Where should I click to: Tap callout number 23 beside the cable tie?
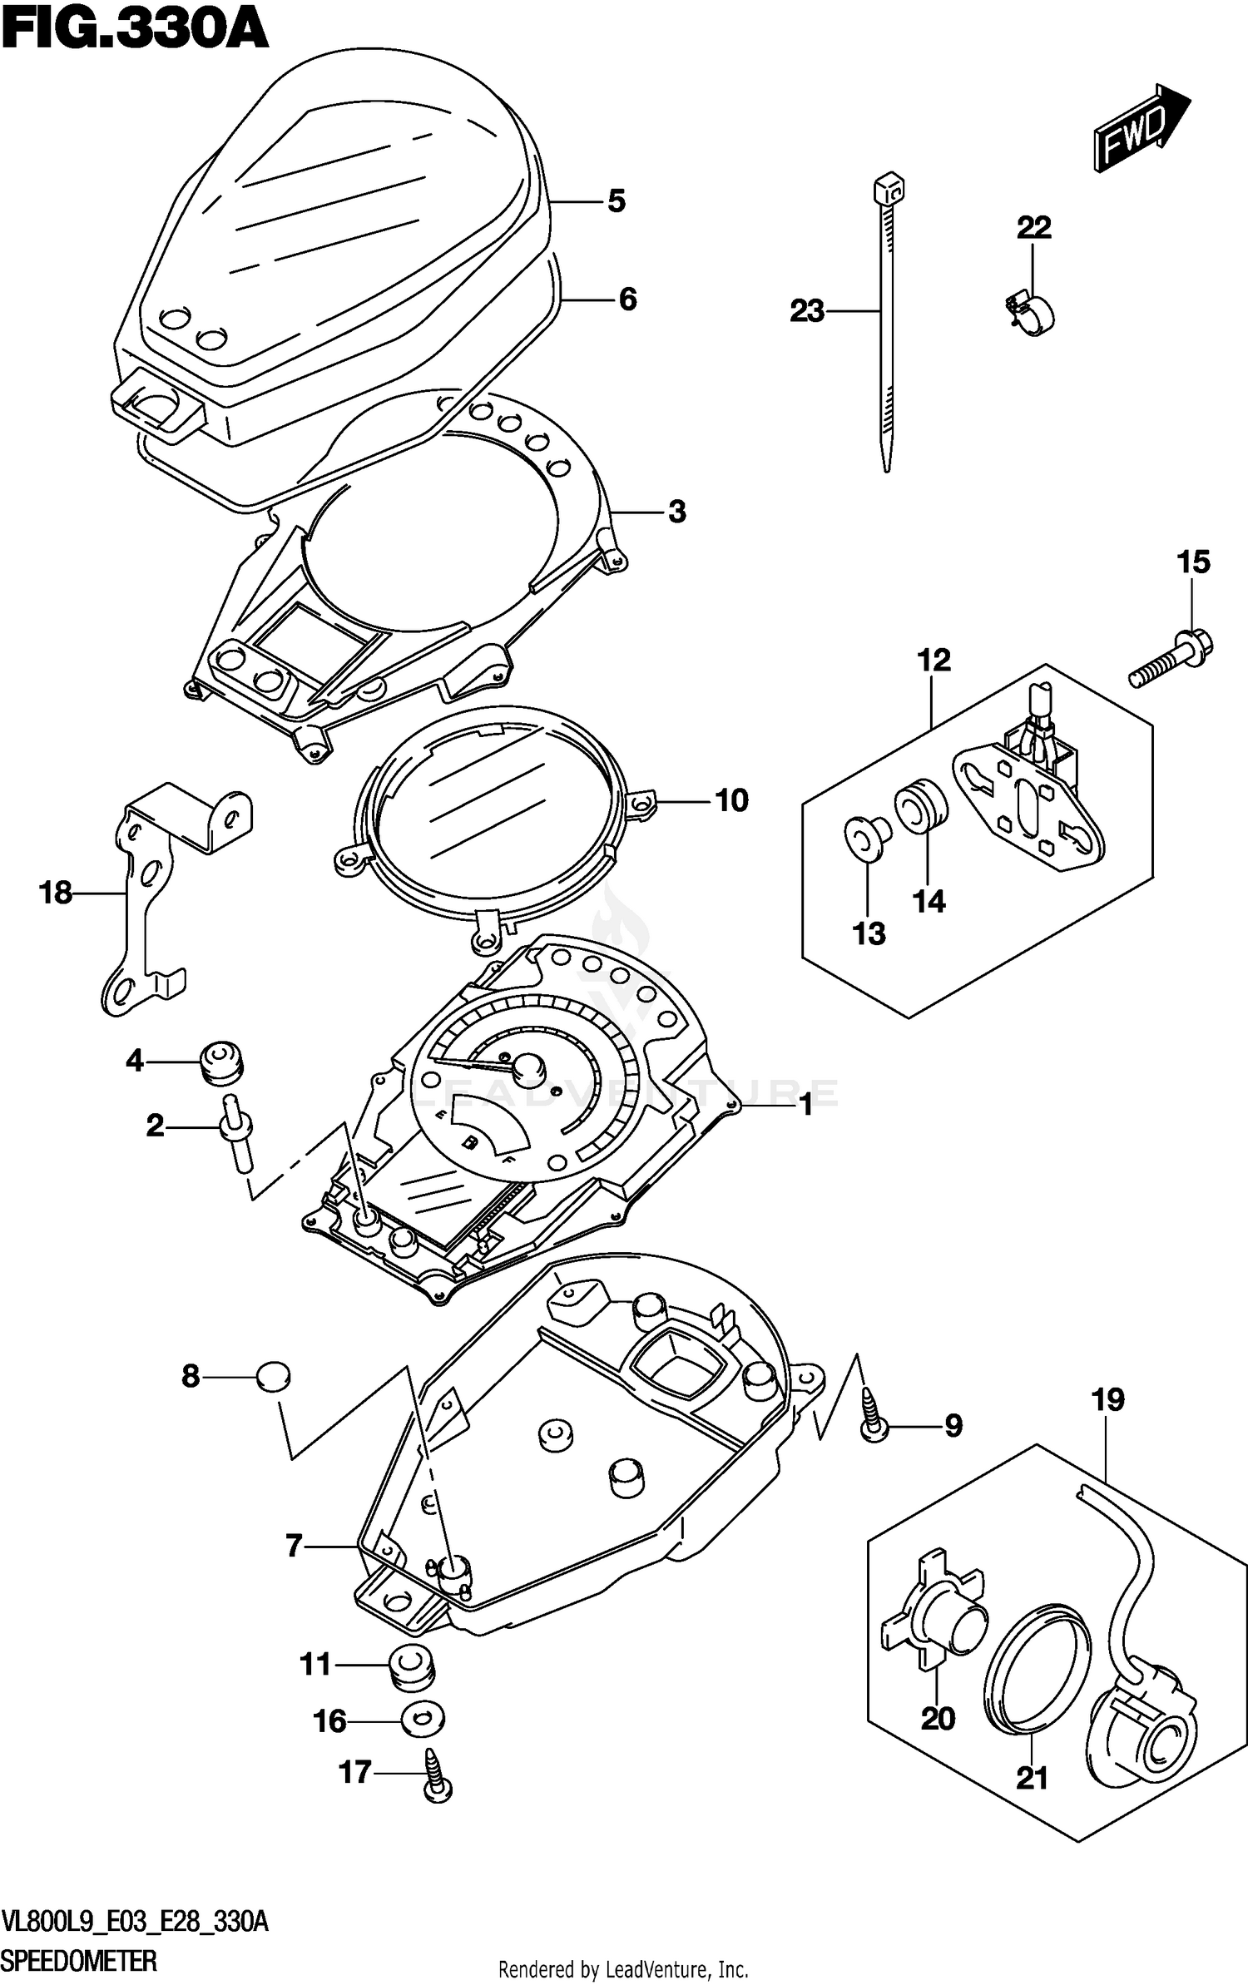click(x=806, y=312)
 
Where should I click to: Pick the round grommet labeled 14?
click(x=920, y=804)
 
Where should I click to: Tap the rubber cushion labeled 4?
click(x=221, y=1062)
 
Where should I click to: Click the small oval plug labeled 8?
click(x=273, y=1377)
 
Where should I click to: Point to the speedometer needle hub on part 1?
click(x=527, y=1066)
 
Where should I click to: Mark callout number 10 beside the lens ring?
click(x=731, y=801)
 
